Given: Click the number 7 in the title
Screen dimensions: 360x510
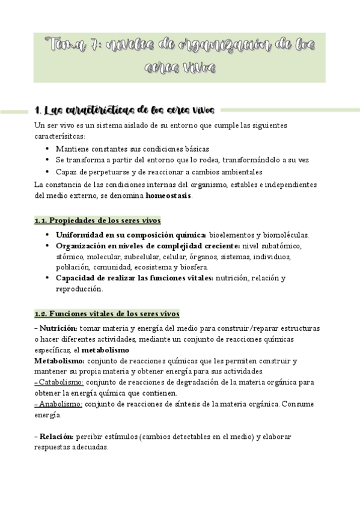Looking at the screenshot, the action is point(96,45).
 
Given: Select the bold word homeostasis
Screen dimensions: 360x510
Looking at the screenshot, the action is point(169,195).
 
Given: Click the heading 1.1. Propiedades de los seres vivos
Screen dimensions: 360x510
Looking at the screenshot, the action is point(97,221).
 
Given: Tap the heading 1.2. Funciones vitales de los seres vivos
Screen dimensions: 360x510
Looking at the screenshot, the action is point(106,314).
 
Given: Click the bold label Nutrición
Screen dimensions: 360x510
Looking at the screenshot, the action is point(58,328).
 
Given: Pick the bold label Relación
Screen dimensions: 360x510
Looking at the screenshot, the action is point(57,437).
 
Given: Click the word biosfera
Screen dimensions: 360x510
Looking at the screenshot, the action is point(192,267).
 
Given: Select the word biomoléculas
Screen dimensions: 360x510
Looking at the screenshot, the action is point(290,235).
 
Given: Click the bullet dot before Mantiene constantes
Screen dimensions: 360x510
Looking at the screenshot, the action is point(47,149).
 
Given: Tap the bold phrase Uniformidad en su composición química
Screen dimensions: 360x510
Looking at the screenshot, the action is point(131,235).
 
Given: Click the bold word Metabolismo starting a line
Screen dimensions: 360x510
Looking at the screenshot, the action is point(59,360).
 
